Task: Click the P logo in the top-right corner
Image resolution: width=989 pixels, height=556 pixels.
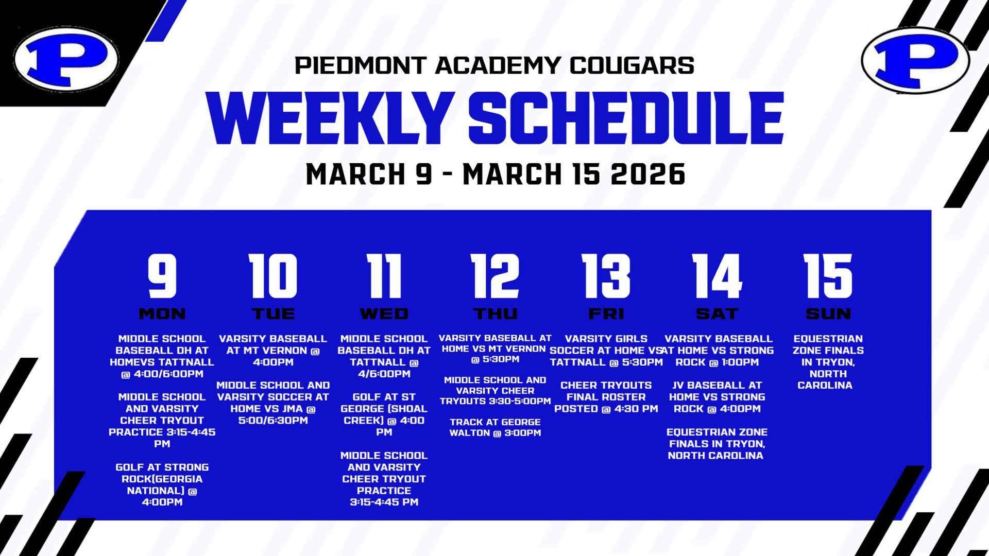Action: pyautogui.click(x=915, y=60)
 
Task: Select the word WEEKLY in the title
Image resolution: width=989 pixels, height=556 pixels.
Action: pyautogui.click(x=328, y=118)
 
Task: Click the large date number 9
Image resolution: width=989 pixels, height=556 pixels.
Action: pyautogui.click(x=162, y=276)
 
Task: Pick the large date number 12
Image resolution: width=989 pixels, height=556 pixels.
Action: pyautogui.click(x=495, y=276)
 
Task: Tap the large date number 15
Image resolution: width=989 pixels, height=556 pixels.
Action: pyautogui.click(x=828, y=276)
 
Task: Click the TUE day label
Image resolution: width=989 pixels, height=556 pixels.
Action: pyautogui.click(x=274, y=314)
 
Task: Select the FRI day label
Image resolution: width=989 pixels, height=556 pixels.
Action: pyautogui.click(x=606, y=314)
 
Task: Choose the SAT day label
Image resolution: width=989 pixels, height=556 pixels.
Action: pyautogui.click(x=717, y=314)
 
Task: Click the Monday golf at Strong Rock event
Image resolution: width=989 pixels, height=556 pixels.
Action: pyautogui.click(x=162, y=484)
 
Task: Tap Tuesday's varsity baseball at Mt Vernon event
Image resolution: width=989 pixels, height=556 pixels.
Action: pyautogui.click(x=273, y=350)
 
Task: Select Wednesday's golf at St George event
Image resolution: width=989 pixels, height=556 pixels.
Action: pyautogui.click(x=384, y=414)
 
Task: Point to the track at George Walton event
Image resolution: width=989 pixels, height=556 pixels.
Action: pyautogui.click(x=495, y=427)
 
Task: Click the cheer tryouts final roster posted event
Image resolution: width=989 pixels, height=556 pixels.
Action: pyautogui.click(x=606, y=397)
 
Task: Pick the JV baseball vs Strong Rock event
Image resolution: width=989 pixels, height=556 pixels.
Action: pyautogui.click(x=717, y=397)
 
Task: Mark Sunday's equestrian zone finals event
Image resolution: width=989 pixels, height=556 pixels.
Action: pyautogui.click(x=828, y=362)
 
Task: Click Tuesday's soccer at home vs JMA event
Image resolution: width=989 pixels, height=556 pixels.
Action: pyautogui.click(x=273, y=403)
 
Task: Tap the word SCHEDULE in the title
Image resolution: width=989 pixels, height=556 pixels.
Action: pyautogui.click(x=626, y=118)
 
